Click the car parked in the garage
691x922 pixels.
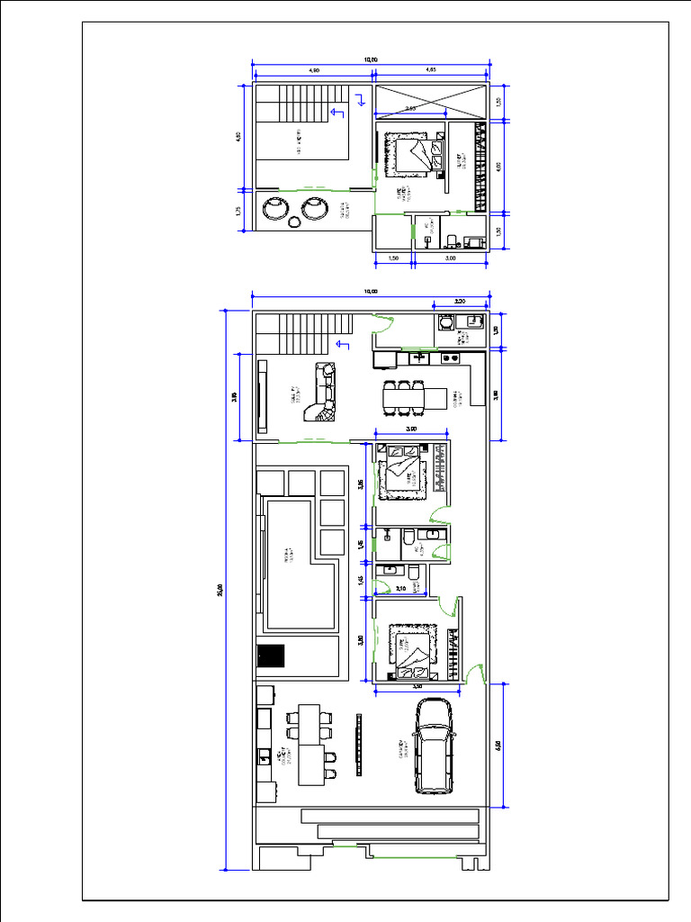tap(434, 746)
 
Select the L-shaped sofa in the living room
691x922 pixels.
tap(321, 393)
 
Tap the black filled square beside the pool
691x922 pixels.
tap(270, 656)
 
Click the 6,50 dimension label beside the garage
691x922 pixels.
tap(498, 746)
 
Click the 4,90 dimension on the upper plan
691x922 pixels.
tap(313, 70)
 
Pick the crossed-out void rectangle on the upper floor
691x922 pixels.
tap(430, 102)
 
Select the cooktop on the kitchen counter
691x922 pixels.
tap(419, 358)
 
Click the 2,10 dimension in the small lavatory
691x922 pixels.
tap(400, 589)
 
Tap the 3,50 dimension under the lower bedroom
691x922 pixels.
tap(417, 686)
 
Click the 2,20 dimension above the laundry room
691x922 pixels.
tap(460, 302)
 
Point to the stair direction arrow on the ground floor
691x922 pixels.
tap(341, 344)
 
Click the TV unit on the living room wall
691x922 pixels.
tap(263, 395)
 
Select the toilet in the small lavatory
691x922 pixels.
tap(414, 572)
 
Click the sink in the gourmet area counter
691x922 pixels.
tap(264, 754)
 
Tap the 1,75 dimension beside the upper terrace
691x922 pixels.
tap(238, 211)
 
